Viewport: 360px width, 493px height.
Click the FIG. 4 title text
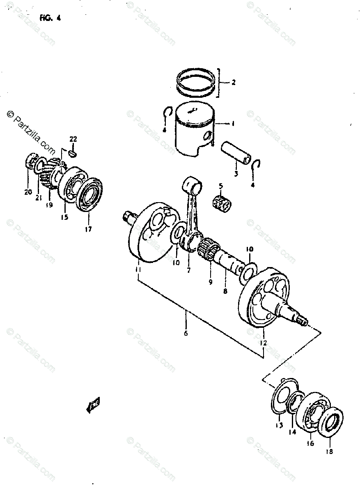50,18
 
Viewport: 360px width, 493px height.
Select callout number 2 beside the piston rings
233,83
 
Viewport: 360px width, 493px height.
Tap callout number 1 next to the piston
233,123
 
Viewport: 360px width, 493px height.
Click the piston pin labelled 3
236,153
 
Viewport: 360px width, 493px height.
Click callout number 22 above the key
73,139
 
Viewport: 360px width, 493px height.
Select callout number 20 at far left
28,192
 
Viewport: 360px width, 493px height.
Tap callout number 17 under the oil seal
88,229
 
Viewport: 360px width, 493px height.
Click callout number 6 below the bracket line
186,333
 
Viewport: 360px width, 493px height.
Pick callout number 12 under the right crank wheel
263,342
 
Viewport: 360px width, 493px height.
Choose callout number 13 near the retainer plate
279,426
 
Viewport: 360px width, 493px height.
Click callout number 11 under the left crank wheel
138,270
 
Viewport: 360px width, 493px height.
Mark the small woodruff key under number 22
73,153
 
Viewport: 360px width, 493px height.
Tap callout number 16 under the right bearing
310,444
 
